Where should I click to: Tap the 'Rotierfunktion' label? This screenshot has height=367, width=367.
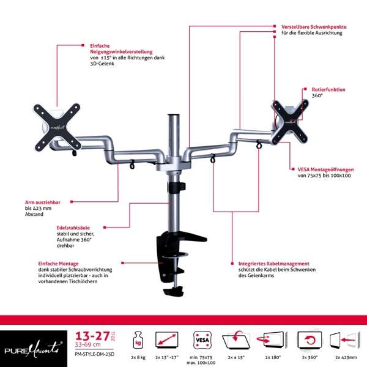coord(328,89)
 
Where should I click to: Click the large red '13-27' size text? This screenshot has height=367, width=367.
coord(89,336)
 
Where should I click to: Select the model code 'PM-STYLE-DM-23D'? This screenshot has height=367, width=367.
coord(95,354)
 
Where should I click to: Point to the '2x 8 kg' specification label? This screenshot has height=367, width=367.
coord(138,356)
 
